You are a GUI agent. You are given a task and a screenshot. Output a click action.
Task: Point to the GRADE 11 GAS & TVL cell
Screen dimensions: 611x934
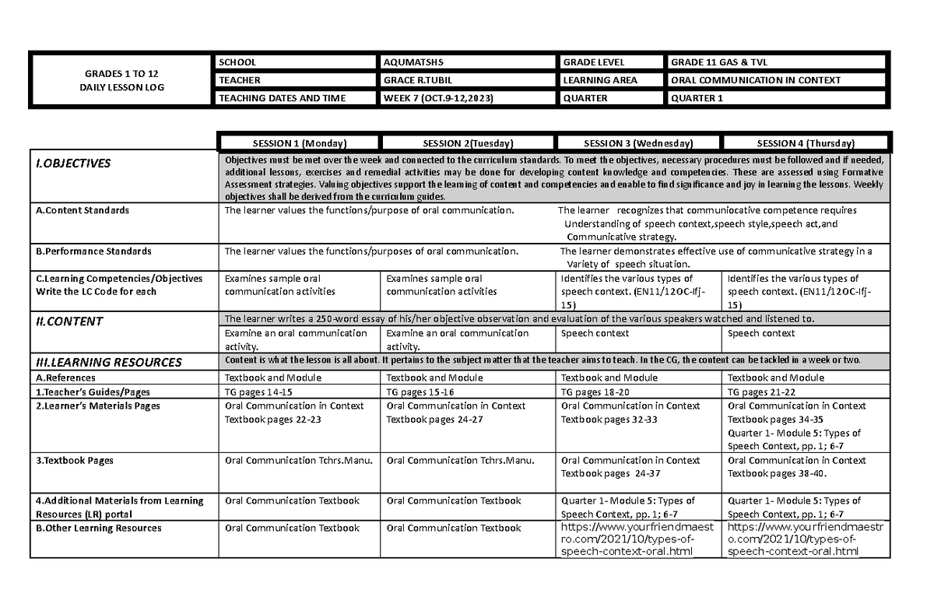[718, 62]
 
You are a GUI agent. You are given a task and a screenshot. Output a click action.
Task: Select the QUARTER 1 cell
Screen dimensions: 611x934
[697, 98]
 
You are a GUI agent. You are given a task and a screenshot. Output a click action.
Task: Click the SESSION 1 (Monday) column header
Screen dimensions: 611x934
[300, 143]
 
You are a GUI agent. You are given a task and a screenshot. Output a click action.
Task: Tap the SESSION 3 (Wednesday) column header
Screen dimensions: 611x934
[637, 143]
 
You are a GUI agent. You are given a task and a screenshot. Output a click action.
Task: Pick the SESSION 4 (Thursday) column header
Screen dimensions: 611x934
[806, 143]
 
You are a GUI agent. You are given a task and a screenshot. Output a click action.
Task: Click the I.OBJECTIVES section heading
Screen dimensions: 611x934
[72, 163]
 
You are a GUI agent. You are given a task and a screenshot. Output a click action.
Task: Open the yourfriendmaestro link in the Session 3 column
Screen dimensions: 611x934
[627, 540]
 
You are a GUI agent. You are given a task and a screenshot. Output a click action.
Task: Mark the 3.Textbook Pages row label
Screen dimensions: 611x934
[75, 460]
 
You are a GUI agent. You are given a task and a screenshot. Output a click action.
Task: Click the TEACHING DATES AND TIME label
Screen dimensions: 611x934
[282, 98]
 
